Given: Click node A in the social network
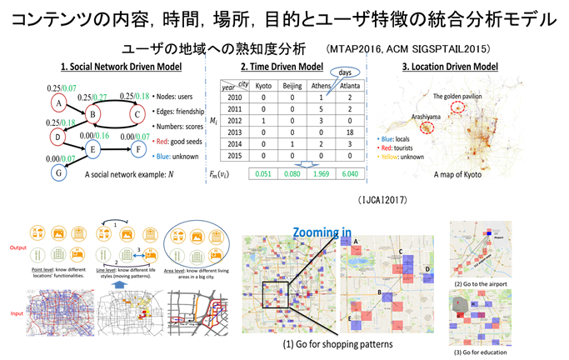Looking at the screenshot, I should click(58, 102).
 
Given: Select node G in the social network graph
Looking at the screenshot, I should click(57, 172).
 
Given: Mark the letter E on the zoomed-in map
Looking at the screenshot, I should click(349, 318).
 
